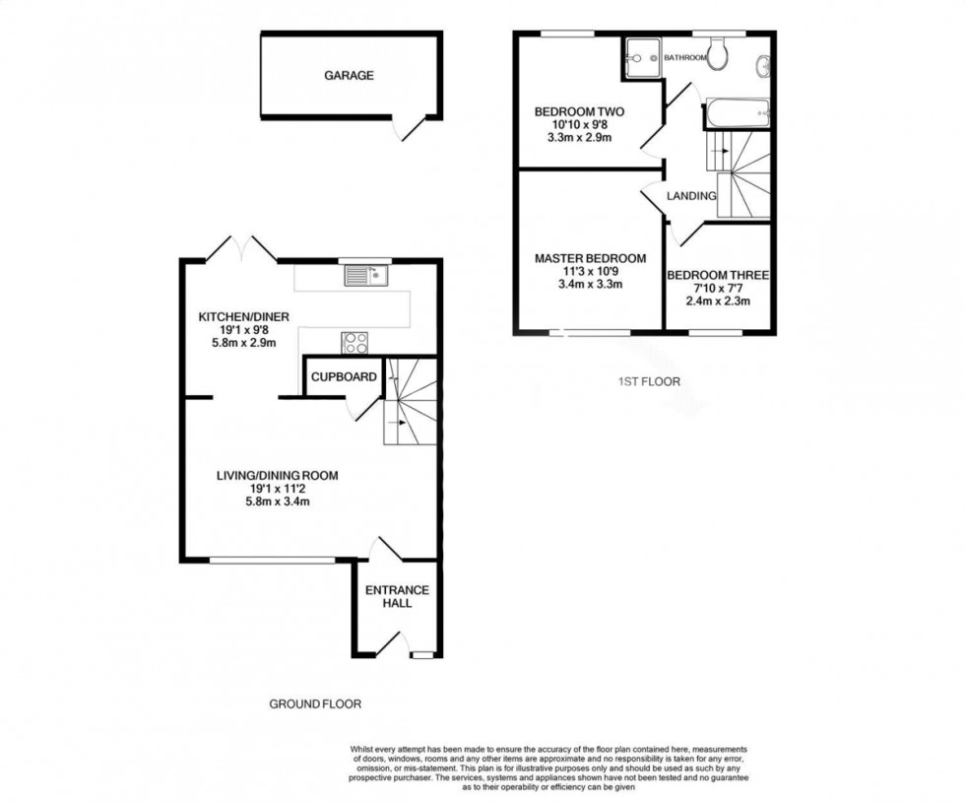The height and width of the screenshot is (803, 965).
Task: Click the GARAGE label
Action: [x=350, y=76]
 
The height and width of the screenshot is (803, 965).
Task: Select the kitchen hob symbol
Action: [x=355, y=343]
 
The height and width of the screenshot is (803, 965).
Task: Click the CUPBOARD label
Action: [x=344, y=377]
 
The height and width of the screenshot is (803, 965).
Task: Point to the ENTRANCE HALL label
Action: [x=397, y=596]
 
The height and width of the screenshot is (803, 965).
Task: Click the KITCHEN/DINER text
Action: [x=236, y=316]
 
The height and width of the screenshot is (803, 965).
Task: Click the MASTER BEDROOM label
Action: [x=590, y=259]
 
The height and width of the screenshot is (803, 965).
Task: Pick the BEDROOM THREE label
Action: [x=718, y=276]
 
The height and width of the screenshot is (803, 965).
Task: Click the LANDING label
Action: [x=690, y=196]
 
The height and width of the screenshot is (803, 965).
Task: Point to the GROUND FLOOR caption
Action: [x=315, y=704]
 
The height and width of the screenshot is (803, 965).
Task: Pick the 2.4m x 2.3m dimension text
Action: [x=718, y=301]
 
